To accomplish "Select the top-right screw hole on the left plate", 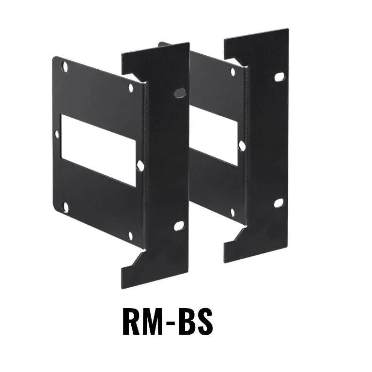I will (x=130, y=88).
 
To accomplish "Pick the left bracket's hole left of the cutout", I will (x=58, y=134).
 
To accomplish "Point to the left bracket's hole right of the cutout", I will (x=140, y=165).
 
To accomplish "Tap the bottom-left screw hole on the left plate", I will (x=65, y=207).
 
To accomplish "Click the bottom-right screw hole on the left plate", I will (x=130, y=236).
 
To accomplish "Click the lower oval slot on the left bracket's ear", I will (x=179, y=226).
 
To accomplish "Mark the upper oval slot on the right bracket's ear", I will (x=279, y=77).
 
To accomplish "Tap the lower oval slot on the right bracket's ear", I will (x=279, y=203).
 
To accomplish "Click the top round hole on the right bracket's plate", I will (x=232, y=72).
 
